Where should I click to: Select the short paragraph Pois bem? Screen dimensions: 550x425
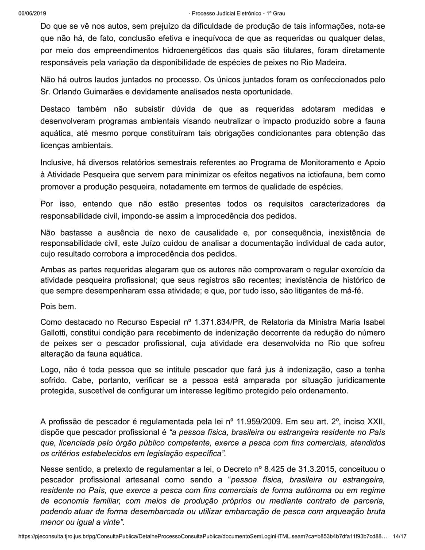pyautogui.click(x=58, y=306)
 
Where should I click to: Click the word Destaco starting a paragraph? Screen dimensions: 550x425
pyautogui.click(x=55, y=109)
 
